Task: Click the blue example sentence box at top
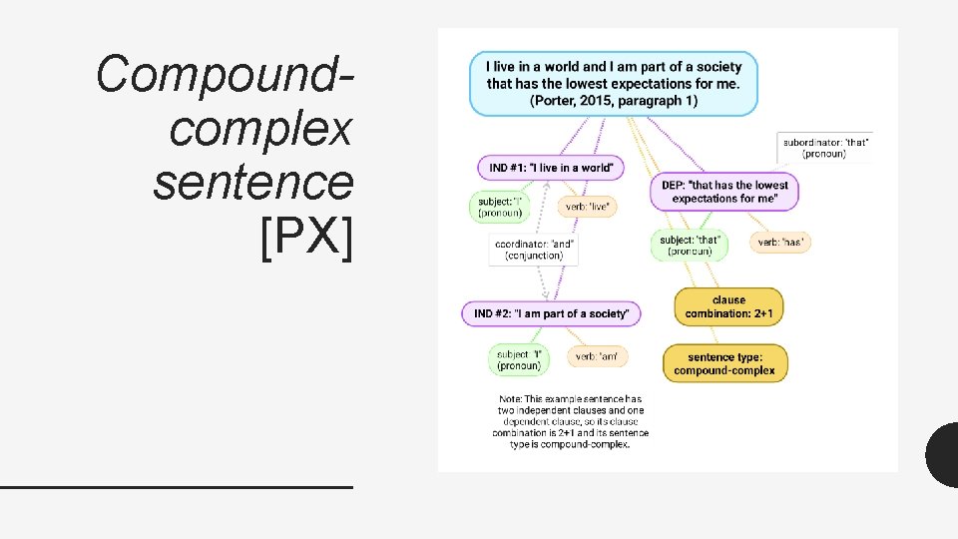pyautogui.click(x=613, y=84)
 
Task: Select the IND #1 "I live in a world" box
pyautogui.click(x=550, y=167)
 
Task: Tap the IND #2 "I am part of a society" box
pyautogui.click(x=551, y=313)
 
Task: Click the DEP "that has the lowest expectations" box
pyautogui.click(x=724, y=192)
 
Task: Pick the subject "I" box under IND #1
pyautogui.click(x=498, y=207)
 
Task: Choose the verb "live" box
pyautogui.click(x=587, y=207)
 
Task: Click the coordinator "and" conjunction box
pyautogui.click(x=534, y=250)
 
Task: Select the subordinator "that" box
pyautogui.click(x=824, y=147)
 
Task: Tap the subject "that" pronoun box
pyautogui.click(x=690, y=245)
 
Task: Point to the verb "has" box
pyautogui.click(x=780, y=242)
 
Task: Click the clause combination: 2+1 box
pyautogui.click(x=728, y=306)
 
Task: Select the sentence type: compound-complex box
pyautogui.click(x=724, y=363)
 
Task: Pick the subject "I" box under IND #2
pyautogui.click(x=519, y=359)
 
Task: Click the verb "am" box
pyautogui.click(x=598, y=356)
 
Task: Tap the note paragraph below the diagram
pyautogui.click(x=570, y=422)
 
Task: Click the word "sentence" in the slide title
pyautogui.click(x=253, y=183)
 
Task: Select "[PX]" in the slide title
pyautogui.click(x=305, y=240)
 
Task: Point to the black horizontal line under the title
pyautogui.click(x=177, y=486)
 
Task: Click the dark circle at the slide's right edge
pyautogui.click(x=943, y=454)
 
